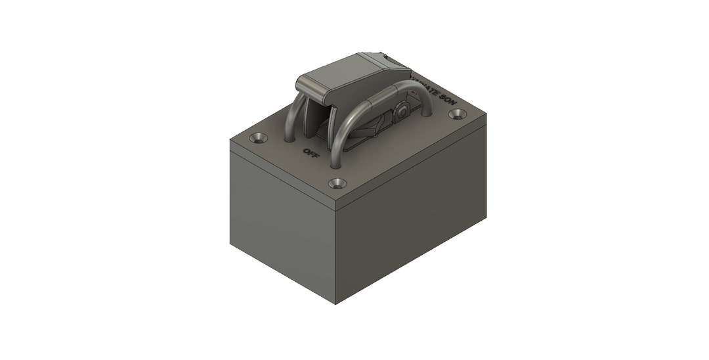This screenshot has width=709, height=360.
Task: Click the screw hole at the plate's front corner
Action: [x=336, y=183]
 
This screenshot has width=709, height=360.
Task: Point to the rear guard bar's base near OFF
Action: [x=289, y=137]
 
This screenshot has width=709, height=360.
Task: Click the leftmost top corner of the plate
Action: [x=230, y=139]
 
